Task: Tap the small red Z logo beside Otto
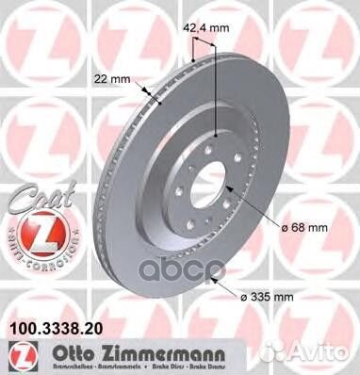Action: coord(15,354)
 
